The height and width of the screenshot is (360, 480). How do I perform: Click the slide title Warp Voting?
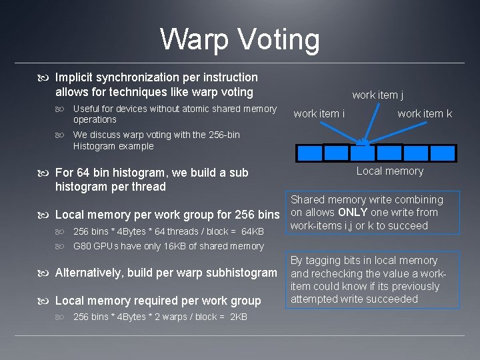pyautogui.click(x=240, y=39)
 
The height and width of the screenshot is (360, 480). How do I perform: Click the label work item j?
pyautogui.click(x=377, y=95)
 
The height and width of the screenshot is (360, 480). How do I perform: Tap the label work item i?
pyautogui.click(x=319, y=114)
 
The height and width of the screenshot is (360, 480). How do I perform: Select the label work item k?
pyautogui.click(x=425, y=114)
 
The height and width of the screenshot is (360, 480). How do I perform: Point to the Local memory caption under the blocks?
pyautogui.click(x=389, y=171)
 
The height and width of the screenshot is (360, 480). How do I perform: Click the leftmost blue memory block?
pyautogui.click(x=309, y=153)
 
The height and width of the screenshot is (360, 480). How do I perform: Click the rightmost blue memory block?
pyautogui.click(x=441, y=153)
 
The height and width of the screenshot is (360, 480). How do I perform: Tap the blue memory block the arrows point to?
pyautogui.click(x=362, y=153)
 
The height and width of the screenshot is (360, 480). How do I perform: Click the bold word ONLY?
pyautogui.click(x=353, y=213)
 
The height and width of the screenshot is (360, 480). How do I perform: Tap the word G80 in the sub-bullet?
pyautogui.click(x=83, y=246)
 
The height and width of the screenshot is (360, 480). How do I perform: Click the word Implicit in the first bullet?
pyautogui.click(x=75, y=78)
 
